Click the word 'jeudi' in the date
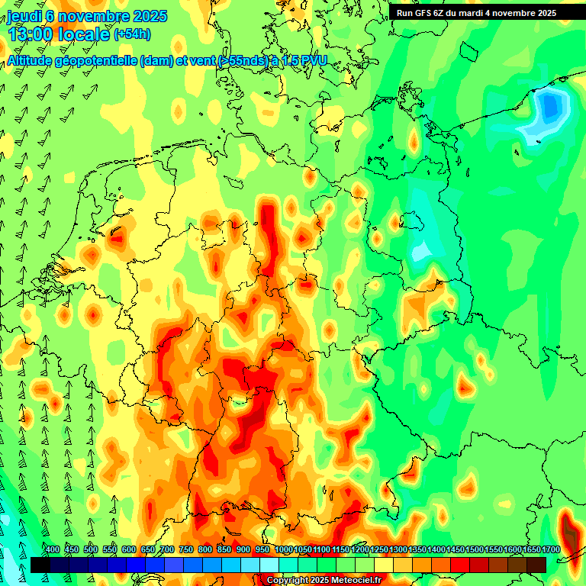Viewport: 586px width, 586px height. click(x=23, y=16)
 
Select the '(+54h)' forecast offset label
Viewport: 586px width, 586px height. click(x=132, y=34)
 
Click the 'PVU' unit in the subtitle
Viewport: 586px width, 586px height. click(x=312, y=60)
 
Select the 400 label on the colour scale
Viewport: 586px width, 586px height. click(x=53, y=550)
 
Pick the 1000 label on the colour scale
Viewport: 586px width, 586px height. click(x=283, y=550)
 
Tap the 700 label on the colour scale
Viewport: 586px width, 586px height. click(x=167, y=550)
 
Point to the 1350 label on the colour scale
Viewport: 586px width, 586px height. click(x=417, y=550)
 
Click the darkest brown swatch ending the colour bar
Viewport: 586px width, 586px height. click(x=536, y=565)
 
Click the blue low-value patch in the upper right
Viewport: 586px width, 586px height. click(x=549, y=107)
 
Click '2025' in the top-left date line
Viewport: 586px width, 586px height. click(x=151, y=16)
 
